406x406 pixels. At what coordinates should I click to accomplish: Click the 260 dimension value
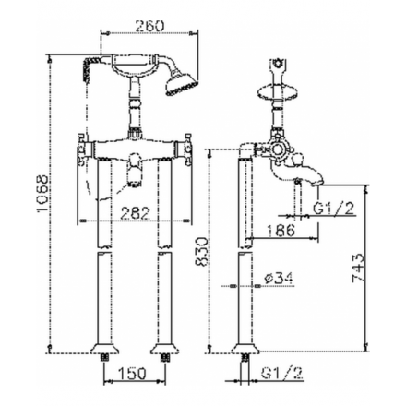149,26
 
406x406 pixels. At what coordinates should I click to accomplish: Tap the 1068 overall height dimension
42,194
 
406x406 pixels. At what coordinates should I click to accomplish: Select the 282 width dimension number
136,212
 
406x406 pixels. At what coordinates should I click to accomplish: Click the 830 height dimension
202,251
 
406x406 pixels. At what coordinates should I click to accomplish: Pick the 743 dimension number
358,268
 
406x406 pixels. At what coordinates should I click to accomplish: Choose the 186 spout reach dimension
281,230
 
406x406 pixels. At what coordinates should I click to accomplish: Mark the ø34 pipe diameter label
279,278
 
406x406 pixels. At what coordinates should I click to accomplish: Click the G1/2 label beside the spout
334,209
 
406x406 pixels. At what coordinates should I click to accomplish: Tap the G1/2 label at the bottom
282,373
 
